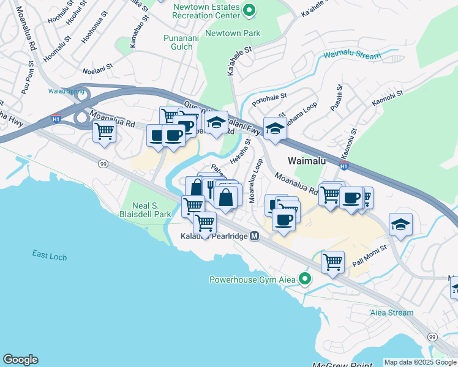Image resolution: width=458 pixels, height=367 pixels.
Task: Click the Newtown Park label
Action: pos(233,33)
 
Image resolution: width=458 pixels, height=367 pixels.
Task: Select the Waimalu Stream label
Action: pos(352,55)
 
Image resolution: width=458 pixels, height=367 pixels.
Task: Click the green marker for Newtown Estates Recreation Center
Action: pos(249,10)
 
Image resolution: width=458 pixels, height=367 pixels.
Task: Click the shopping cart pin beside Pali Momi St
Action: pos(332,262)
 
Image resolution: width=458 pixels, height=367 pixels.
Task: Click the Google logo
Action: pos(20,360)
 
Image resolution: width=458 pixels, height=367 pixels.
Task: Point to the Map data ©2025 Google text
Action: pos(420,362)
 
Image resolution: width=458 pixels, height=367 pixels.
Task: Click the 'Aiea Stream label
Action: pos(391,313)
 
